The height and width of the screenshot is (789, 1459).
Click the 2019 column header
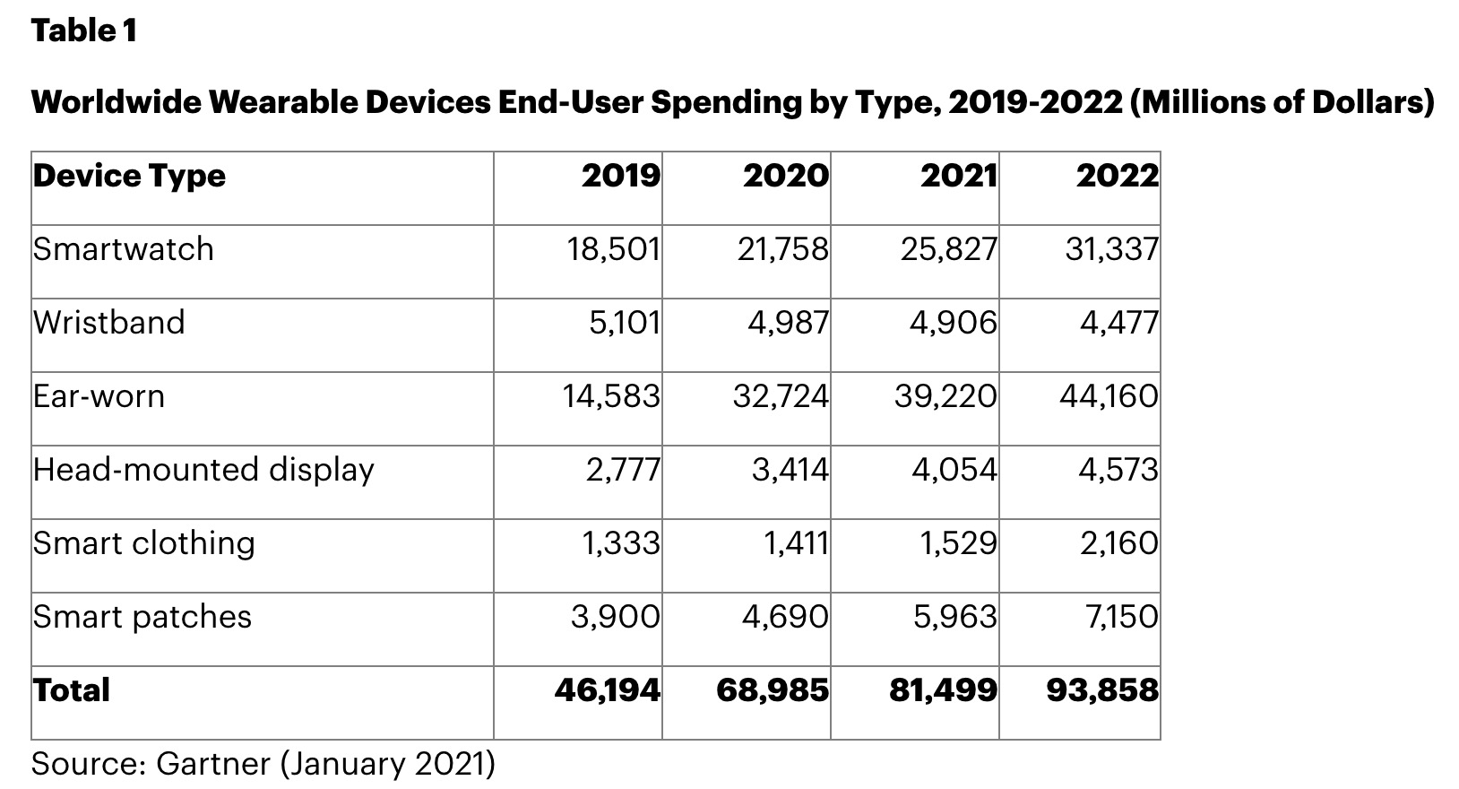[x=620, y=176]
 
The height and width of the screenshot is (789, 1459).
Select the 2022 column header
[x=1117, y=176]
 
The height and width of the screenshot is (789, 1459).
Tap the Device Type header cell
[x=130, y=176]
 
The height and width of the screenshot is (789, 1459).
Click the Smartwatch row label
[x=124, y=249]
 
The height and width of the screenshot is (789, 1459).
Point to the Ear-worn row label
[x=99, y=396]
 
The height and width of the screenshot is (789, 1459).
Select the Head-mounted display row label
[x=203, y=470]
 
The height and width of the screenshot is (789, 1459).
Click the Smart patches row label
[x=142, y=617]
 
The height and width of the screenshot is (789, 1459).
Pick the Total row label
[x=72, y=690]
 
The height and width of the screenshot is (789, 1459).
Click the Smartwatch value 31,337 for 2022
[x=1111, y=249]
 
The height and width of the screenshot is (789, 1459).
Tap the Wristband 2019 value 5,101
[x=624, y=323]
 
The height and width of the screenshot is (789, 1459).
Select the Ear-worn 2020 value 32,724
[x=781, y=396]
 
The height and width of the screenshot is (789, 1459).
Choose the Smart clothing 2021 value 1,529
[x=958, y=543]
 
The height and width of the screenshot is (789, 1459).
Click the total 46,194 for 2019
[x=607, y=690]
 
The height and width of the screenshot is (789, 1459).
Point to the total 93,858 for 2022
[x=1101, y=690]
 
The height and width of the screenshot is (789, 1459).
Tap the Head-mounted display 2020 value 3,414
[x=790, y=470]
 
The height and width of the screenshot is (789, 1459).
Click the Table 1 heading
[x=84, y=31]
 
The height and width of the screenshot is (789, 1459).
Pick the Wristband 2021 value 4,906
[x=953, y=323]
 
